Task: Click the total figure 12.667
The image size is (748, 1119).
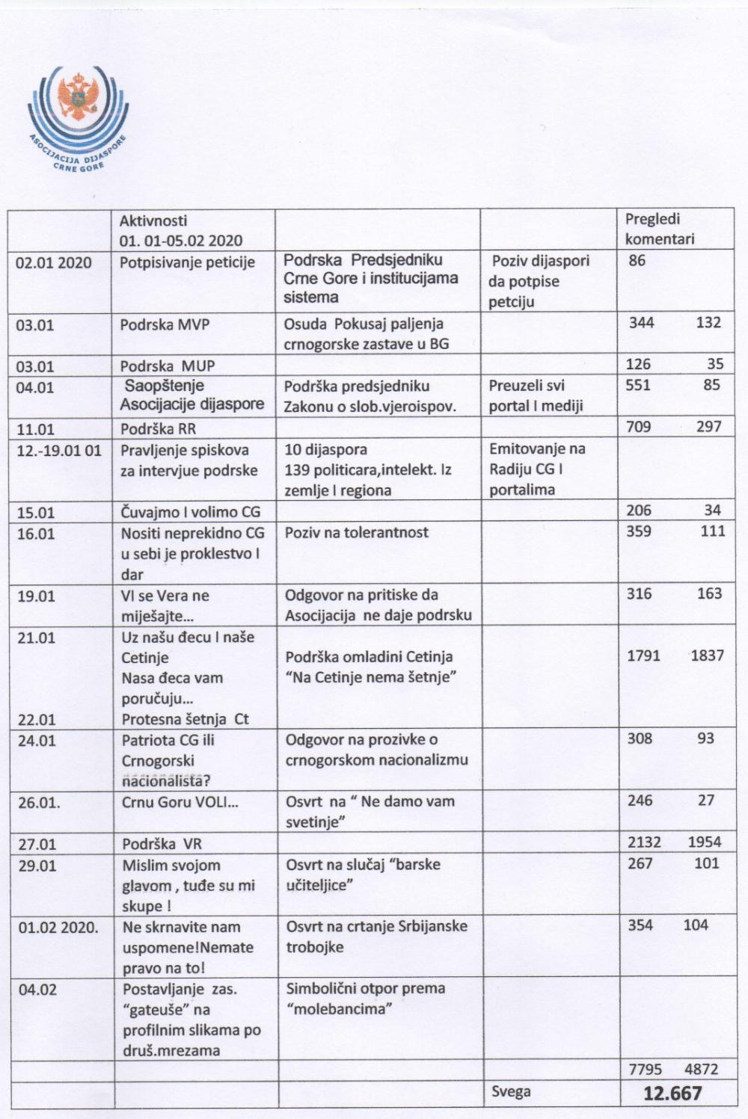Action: click(x=672, y=1094)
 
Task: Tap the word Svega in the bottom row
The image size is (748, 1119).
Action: click(x=511, y=1091)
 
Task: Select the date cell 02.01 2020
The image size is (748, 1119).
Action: click(x=54, y=262)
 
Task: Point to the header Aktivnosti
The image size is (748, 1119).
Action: click(x=153, y=221)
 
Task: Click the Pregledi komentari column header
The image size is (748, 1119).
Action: click(x=659, y=229)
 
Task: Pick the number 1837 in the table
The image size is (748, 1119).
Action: click(x=707, y=656)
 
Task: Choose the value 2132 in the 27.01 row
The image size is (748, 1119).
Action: click(x=644, y=842)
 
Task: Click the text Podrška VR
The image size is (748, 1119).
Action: click(x=162, y=843)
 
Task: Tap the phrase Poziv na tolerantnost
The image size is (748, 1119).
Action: click(x=356, y=532)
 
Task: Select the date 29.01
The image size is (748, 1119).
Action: click(x=37, y=866)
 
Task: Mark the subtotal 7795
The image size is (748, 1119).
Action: click(x=644, y=1070)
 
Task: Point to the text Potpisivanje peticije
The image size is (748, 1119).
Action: click(x=187, y=262)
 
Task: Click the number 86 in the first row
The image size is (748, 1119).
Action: click(x=637, y=261)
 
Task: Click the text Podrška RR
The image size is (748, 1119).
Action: click(x=158, y=429)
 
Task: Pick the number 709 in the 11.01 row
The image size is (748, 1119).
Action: click(x=639, y=427)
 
